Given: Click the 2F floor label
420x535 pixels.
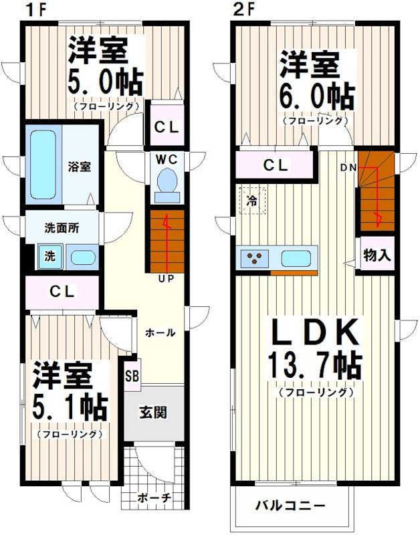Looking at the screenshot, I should (241, 9).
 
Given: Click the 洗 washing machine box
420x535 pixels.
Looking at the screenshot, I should (49, 256).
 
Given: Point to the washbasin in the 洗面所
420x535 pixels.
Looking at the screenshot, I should (83, 257).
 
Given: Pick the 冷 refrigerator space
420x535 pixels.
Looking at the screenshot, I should (253, 200).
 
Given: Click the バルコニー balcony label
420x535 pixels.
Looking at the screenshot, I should (290, 505).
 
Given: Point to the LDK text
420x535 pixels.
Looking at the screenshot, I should (314, 332).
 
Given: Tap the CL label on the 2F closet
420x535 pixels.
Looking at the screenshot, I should (276, 165).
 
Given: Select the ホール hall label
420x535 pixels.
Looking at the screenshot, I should (161, 332).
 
